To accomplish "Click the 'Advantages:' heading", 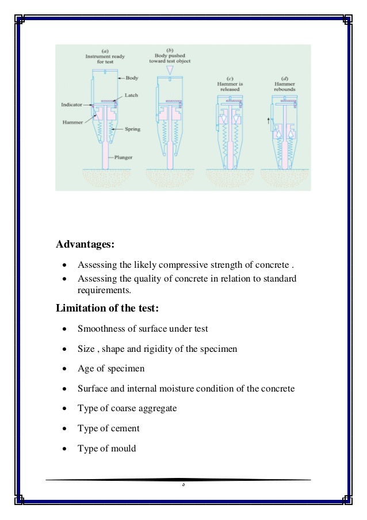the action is tap(85, 244).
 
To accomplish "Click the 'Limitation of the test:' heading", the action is tap(106, 308).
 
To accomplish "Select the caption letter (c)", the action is tap(230, 78).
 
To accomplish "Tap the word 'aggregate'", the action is tap(156, 408).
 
